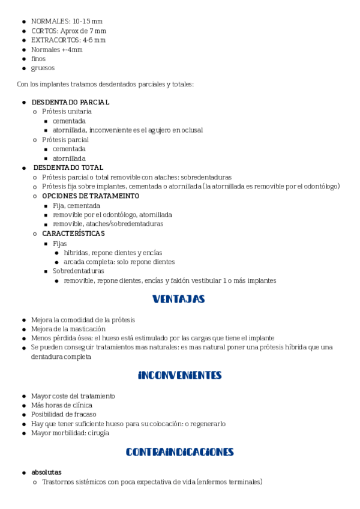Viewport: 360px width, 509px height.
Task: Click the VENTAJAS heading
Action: point(179,299)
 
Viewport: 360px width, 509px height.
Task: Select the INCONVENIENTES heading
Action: point(179,375)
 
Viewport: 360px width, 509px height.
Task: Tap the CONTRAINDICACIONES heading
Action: point(179,452)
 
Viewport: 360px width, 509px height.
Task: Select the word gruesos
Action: point(43,68)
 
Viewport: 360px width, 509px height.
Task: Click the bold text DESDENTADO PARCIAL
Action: point(70,102)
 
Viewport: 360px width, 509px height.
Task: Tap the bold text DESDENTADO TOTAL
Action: point(68,167)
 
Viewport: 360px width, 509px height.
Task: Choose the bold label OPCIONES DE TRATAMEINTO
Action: point(82,196)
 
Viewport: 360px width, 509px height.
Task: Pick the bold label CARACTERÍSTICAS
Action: point(73,233)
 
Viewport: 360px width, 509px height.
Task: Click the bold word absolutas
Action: point(46,472)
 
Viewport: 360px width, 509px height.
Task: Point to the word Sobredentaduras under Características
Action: point(78,271)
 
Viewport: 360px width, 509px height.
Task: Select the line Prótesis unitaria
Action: point(67,112)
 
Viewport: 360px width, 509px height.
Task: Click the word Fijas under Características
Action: point(60,244)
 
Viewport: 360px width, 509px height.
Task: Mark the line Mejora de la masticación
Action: point(68,328)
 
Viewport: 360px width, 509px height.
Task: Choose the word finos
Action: point(38,59)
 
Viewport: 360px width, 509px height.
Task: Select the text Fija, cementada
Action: point(76,205)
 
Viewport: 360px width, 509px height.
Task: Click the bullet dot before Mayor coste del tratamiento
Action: point(23,396)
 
